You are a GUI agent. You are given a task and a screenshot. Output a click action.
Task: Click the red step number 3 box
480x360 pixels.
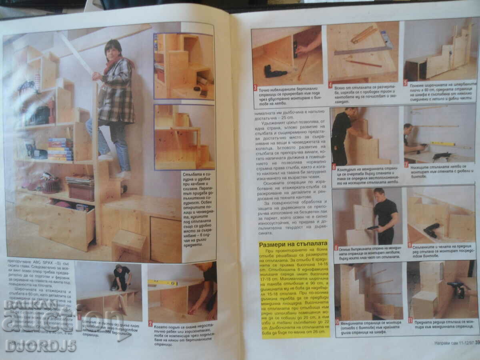[x=255, y=88]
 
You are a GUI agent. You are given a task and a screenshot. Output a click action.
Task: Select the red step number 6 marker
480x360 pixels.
[x=334, y=166]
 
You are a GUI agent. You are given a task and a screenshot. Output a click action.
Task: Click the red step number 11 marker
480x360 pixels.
[x=410, y=320]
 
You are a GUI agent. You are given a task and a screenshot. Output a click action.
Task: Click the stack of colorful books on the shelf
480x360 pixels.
[x=60, y=149]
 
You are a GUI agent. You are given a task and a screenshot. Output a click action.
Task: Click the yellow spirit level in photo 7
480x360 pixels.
[x=443, y=143]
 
